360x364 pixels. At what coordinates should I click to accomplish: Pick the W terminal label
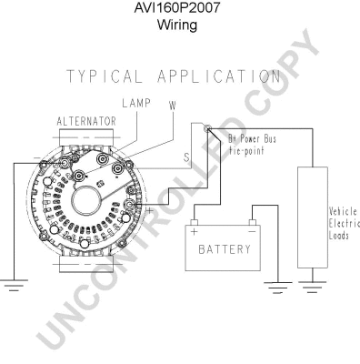point(171,106)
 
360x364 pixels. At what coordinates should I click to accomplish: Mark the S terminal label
point(187,157)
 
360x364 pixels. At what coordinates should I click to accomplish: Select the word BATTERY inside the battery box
point(219,248)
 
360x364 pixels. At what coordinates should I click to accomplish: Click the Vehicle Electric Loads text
point(343,222)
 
